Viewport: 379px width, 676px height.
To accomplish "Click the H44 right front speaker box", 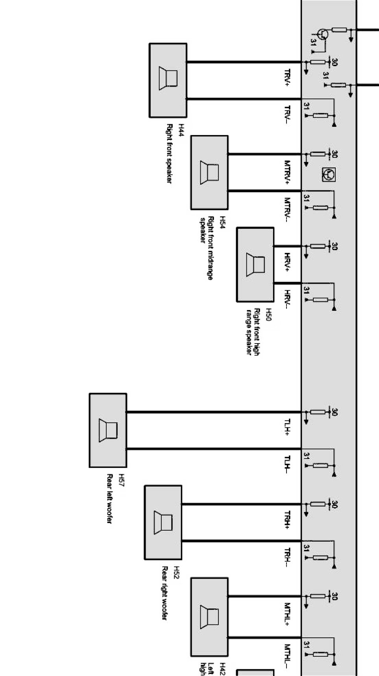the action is [168, 80].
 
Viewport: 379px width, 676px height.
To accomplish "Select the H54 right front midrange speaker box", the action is [209, 173].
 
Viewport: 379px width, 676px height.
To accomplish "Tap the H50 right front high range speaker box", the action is [255, 264].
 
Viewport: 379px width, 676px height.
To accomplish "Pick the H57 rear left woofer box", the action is [108, 430].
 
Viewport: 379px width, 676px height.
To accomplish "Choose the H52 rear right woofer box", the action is [163, 522].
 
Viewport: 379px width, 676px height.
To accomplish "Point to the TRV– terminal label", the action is [288, 115].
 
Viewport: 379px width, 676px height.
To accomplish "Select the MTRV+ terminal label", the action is [288, 172].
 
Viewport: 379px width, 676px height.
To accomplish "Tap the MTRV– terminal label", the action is [288, 209].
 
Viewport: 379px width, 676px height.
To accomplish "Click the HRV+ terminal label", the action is [288, 262].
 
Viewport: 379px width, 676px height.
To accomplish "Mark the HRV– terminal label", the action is [288, 299].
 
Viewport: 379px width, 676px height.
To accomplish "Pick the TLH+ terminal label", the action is [288, 427].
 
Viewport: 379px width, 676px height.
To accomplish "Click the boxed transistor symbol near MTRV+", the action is [328, 174].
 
